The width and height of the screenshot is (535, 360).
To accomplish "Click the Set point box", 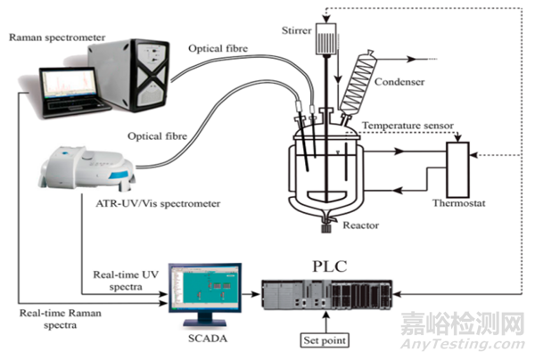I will (x=324, y=340).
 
